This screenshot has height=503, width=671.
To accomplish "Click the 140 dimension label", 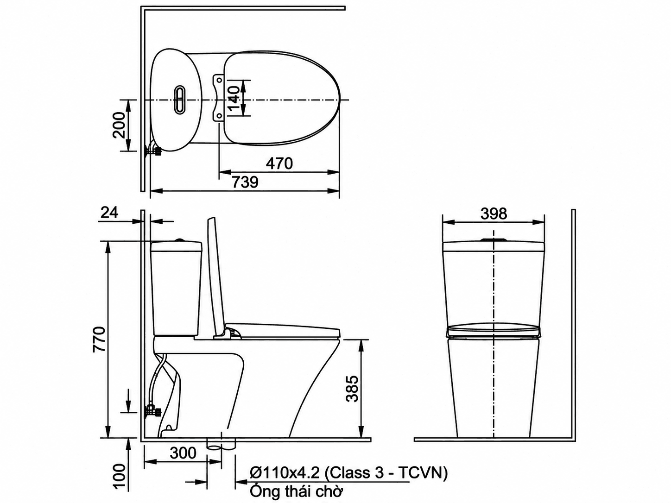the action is point(234,99).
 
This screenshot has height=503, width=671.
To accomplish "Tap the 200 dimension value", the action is point(119,126).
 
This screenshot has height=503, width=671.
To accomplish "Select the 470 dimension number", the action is point(279,163).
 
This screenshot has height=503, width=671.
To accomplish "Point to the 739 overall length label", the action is point(245,182).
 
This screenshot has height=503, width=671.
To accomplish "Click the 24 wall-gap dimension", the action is point(109,213).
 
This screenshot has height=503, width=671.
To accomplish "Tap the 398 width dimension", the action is point(494,214).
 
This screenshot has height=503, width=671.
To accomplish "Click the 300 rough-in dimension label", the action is point(183,453).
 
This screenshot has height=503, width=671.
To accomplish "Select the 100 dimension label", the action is point(119,477).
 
